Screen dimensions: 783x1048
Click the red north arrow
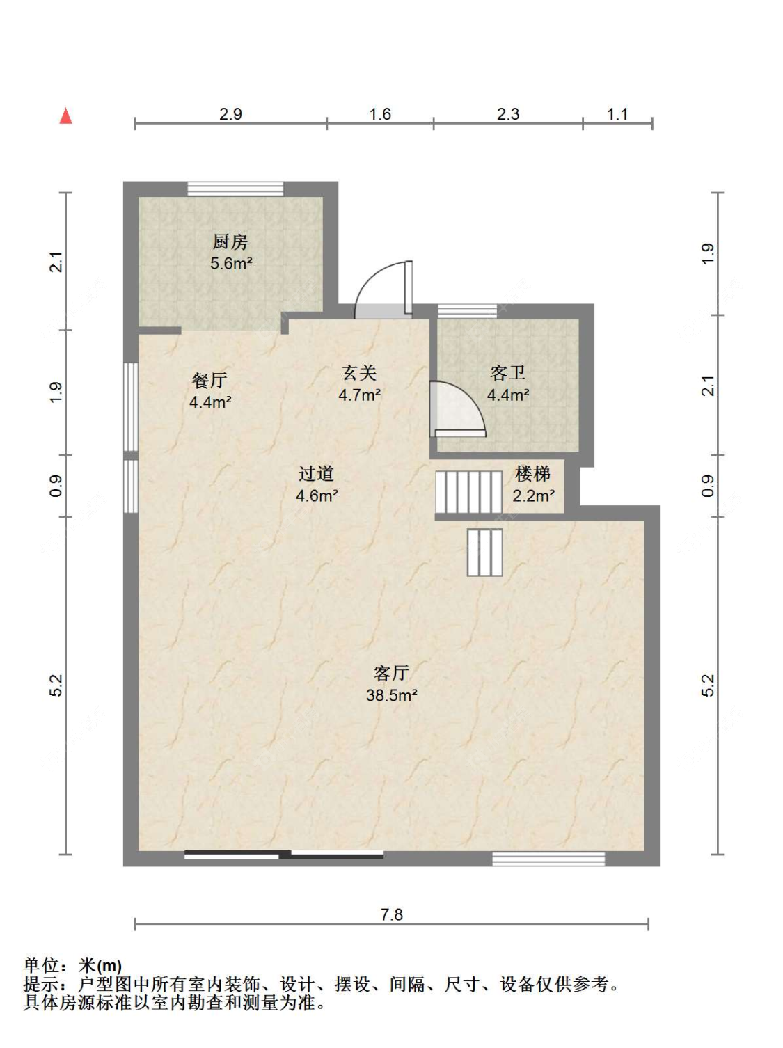point(66,116)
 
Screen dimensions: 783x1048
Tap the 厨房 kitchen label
point(230,242)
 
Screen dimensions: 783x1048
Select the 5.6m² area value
point(231,263)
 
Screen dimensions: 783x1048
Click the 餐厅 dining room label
point(209,381)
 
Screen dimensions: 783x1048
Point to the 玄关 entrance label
point(359,373)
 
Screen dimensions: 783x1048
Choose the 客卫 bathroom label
point(507,373)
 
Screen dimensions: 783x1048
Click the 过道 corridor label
point(316,474)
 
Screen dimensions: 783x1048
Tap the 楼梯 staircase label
point(533,474)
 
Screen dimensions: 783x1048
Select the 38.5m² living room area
point(391,695)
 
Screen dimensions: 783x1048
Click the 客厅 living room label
point(391,673)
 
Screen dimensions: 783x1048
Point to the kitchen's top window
point(235,189)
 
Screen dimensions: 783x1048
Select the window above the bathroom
point(468,311)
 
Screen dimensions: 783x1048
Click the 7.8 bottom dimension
point(391,914)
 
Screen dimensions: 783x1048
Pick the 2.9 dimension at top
point(230,114)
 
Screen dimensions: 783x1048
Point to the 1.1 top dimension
point(617,114)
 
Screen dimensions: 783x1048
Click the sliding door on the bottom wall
point(284,854)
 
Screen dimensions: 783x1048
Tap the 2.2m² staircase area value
point(533,495)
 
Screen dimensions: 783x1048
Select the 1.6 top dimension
point(380,114)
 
